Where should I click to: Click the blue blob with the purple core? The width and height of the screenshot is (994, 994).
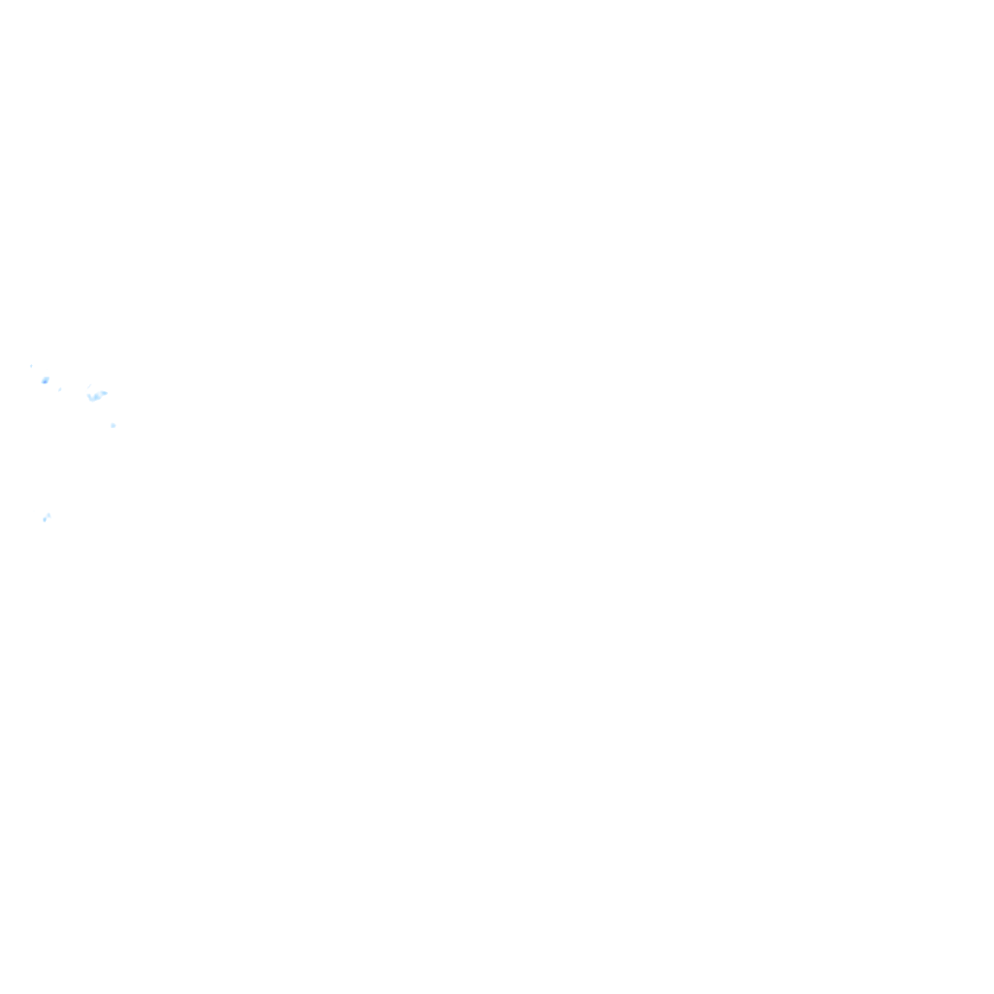click(45, 380)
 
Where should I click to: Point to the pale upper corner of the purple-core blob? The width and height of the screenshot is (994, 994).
click(48, 377)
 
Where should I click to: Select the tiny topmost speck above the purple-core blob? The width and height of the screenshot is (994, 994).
click(31, 366)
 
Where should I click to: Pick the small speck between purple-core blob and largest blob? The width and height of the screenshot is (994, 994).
click(59, 389)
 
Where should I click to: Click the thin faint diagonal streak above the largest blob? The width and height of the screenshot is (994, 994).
click(89, 387)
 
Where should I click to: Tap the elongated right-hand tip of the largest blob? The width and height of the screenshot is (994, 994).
click(104, 392)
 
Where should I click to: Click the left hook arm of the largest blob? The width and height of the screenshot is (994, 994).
click(89, 396)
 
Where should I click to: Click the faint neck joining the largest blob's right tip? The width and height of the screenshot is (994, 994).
click(101, 393)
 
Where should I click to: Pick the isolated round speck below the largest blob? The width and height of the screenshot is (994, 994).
click(113, 425)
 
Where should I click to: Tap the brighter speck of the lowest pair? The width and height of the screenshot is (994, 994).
click(44, 519)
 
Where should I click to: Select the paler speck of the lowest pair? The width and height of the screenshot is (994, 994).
click(49, 514)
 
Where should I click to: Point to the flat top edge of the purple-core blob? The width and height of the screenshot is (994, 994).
click(45, 377)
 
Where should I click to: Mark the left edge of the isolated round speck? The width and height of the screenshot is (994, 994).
click(111, 425)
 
